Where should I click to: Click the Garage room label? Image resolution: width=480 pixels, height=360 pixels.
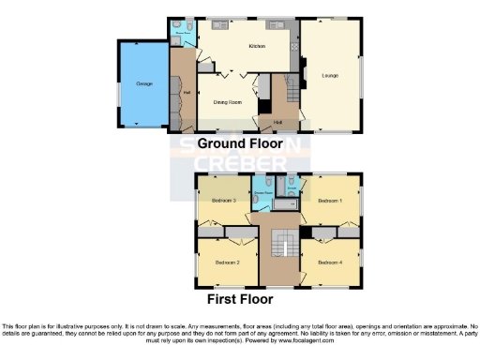click(x=144, y=84)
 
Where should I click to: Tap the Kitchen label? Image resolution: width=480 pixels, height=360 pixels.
click(x=256, y=46)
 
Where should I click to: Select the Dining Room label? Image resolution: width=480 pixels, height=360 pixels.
click(x=228, y=102)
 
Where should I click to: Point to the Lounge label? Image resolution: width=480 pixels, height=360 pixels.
click(x=330, y=75)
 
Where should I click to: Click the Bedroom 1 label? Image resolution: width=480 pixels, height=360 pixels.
click(x=329, y=201)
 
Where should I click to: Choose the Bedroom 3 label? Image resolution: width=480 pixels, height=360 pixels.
click(x=224, y=201)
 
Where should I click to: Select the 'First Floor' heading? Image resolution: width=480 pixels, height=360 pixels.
click(x=241, y=300)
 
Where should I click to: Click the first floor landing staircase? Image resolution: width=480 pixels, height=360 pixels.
click(x=280, y=247)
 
